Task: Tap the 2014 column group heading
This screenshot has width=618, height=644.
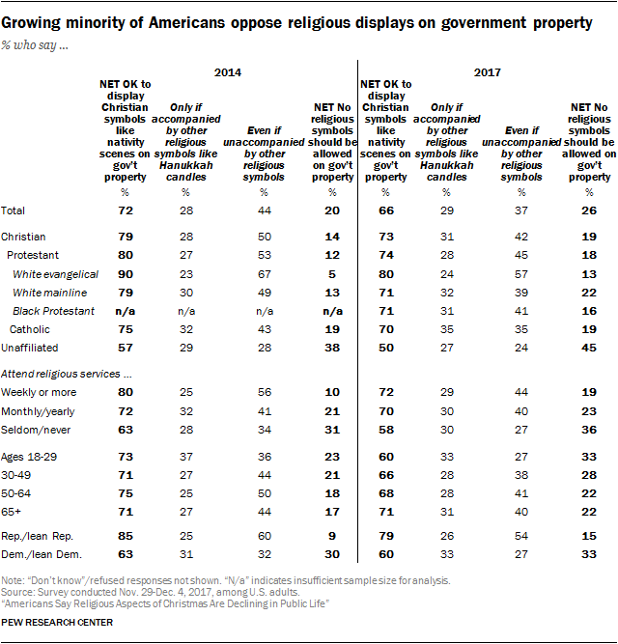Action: click(x=227, y=72)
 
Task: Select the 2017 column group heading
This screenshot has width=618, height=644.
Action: click(x=487, y=72)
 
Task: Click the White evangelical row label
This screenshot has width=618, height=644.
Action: click(x=55, y=275)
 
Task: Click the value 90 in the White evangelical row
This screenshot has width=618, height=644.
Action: click(x=123, y=275)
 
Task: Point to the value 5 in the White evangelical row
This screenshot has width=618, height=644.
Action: click(x=331, y=275)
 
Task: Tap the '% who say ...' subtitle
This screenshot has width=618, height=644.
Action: click(x=42, y=42)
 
